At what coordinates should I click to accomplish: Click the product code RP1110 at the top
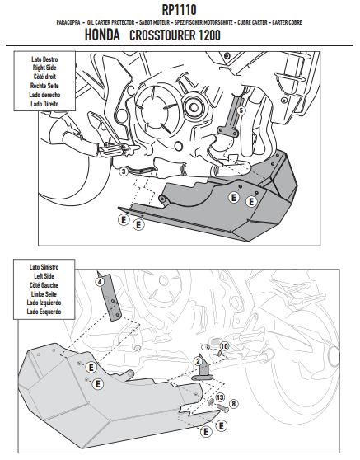179,10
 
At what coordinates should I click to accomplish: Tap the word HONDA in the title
102,35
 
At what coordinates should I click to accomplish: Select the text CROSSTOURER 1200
175,35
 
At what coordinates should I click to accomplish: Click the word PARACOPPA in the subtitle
68,22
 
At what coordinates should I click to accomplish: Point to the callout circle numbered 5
241,110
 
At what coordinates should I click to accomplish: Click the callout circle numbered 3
124,171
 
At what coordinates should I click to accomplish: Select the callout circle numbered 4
100,282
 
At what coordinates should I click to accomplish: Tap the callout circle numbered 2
199,361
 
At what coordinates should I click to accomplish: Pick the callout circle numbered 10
224,346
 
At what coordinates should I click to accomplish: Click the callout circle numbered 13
220,397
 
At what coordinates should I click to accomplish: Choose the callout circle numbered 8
233,404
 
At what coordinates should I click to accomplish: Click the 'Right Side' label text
44,68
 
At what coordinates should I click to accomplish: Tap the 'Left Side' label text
44,276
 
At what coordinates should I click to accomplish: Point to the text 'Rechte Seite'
44,86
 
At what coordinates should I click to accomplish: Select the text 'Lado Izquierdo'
44,303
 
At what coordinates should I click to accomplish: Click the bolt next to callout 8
222,408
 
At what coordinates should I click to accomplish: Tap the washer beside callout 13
211,402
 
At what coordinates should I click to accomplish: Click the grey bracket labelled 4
111,298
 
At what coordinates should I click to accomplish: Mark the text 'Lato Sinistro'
44,267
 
